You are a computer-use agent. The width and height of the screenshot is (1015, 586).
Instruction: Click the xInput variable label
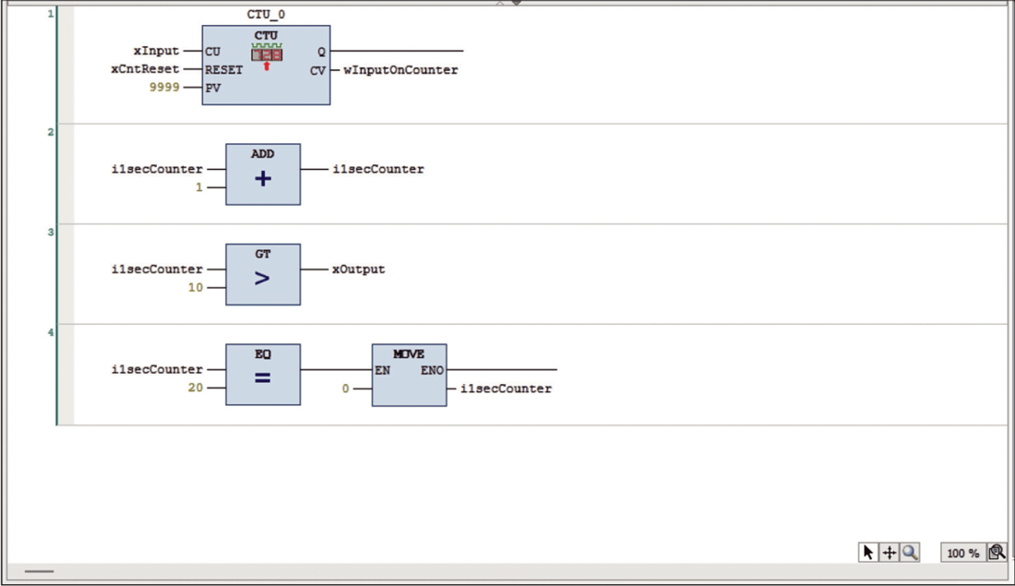[156, 52]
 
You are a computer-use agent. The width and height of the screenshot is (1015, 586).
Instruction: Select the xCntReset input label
[149, 69]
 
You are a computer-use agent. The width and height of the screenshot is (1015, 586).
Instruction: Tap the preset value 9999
[164, 88]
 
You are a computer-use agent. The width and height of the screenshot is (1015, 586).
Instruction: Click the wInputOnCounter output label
[400, 70]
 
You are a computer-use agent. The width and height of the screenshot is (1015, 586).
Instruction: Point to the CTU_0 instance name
[266, 16]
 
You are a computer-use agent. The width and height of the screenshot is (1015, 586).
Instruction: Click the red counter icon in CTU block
[267, 54]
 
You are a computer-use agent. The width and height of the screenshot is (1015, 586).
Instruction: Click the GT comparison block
[263, 274]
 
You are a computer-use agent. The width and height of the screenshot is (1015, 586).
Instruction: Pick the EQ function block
[263, 375]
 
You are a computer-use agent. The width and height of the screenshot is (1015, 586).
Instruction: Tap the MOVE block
[409, 375]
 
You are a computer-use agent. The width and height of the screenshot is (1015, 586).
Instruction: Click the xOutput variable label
[358, 269]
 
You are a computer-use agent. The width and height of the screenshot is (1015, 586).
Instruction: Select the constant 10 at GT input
[195, 288]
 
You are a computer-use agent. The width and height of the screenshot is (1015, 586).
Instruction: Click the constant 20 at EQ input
[195, 389]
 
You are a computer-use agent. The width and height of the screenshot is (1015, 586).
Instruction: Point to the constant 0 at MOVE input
[346, 389]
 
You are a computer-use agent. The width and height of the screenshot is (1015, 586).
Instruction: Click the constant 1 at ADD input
[198, 187]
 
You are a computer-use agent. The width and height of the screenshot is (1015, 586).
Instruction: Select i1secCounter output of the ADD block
[378, 170]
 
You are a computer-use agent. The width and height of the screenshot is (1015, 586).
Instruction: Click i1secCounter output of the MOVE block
[506, 389]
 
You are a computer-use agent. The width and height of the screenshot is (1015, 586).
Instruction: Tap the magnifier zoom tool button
[911, 552]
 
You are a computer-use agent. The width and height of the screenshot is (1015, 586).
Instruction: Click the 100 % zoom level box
[962, 553]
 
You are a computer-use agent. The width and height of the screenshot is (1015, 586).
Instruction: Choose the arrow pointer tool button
[867, 552]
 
